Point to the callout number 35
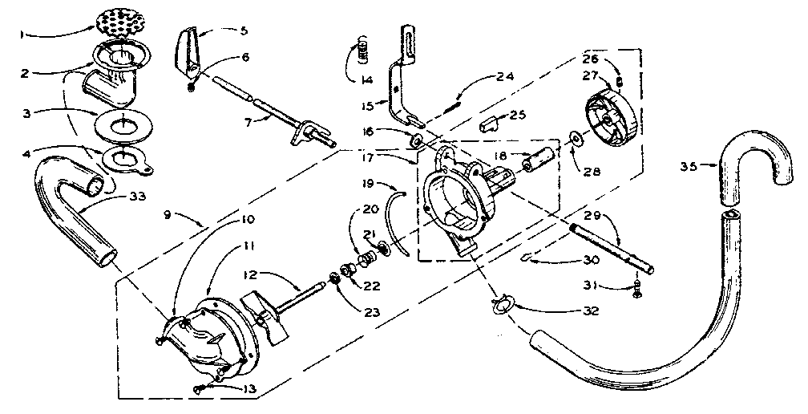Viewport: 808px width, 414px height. click(x=688, y=166)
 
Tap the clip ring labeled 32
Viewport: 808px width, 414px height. click(x=500, y=304)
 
